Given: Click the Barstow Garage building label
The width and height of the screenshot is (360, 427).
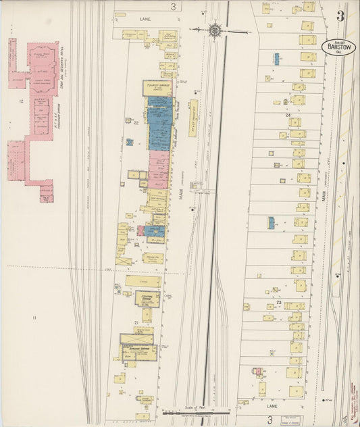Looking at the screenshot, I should [138, 349].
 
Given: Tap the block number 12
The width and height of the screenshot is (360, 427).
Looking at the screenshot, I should [22, 101].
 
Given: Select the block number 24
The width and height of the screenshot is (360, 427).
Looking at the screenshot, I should [288, 116].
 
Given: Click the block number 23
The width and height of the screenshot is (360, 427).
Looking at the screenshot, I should [278, 302].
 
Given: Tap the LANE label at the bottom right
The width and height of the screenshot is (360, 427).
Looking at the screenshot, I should [272, 407].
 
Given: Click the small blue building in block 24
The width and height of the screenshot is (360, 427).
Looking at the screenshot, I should [276, 59].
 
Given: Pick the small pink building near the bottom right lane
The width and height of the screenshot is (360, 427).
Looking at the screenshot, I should [257, 371].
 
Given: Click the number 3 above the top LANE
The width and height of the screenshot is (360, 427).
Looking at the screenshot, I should [174, 7].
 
